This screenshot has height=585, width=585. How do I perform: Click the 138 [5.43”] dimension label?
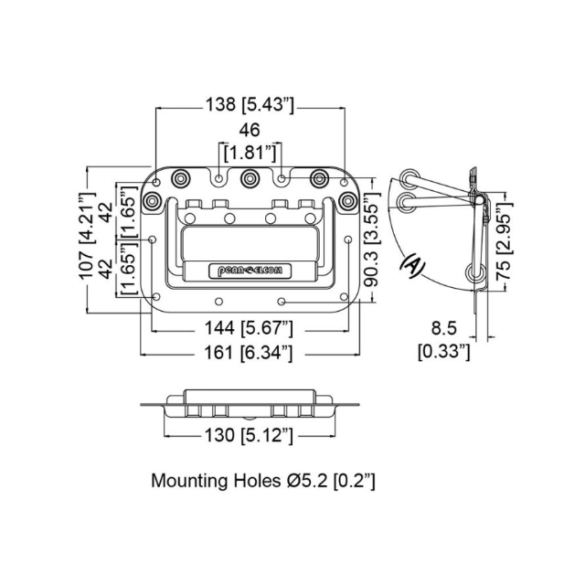pos(250,104)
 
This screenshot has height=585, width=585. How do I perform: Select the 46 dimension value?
pos(250,130)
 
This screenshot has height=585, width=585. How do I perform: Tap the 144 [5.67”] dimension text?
pos(249,328)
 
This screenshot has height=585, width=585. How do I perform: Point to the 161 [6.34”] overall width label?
pos(249,353)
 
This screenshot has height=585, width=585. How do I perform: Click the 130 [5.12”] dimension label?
pos(249,435)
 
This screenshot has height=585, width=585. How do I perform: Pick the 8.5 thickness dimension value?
pos(444,328)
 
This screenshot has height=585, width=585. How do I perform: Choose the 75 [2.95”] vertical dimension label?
pos(505,241)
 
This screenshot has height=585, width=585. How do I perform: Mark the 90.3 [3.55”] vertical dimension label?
pos(372,239)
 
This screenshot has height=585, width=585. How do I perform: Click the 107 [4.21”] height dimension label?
pos(87,236)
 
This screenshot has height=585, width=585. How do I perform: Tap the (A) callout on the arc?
pos(412,266)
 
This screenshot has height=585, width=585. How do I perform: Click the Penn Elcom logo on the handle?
pos(250,271)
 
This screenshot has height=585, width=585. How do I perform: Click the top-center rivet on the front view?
pos(250,178)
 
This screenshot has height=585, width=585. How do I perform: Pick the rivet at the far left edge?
pos(152,201)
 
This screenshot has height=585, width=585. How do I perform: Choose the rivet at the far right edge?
pos(347,201)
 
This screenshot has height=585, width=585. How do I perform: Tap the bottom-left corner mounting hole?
pos(156,297)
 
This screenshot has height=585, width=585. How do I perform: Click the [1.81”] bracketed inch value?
pos(250,153)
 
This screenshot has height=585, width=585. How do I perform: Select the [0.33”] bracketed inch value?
pos(444,351)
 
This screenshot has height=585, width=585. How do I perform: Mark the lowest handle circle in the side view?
pos(475,273)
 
